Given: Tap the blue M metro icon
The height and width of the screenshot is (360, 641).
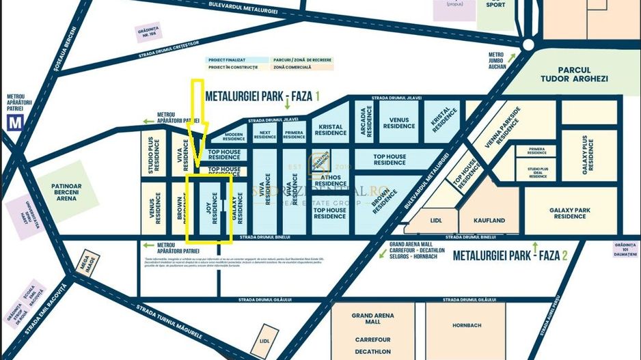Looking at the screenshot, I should (x=14, y=123).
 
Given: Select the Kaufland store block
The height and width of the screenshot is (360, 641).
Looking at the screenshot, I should (x=488, y=220).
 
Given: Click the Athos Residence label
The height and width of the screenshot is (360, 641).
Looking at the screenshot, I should (x=331, y=180).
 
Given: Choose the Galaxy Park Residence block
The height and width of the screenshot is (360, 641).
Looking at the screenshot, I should (x=570, y=212).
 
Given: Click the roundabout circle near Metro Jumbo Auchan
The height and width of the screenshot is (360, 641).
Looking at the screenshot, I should (x=528, y=44).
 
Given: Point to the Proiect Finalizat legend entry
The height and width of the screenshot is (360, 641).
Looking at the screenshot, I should (x=228, y=60).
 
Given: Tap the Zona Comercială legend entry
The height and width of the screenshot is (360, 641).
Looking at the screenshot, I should (x=292, y=67).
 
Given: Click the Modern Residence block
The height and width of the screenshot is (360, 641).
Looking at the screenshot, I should (x=228, y=137).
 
